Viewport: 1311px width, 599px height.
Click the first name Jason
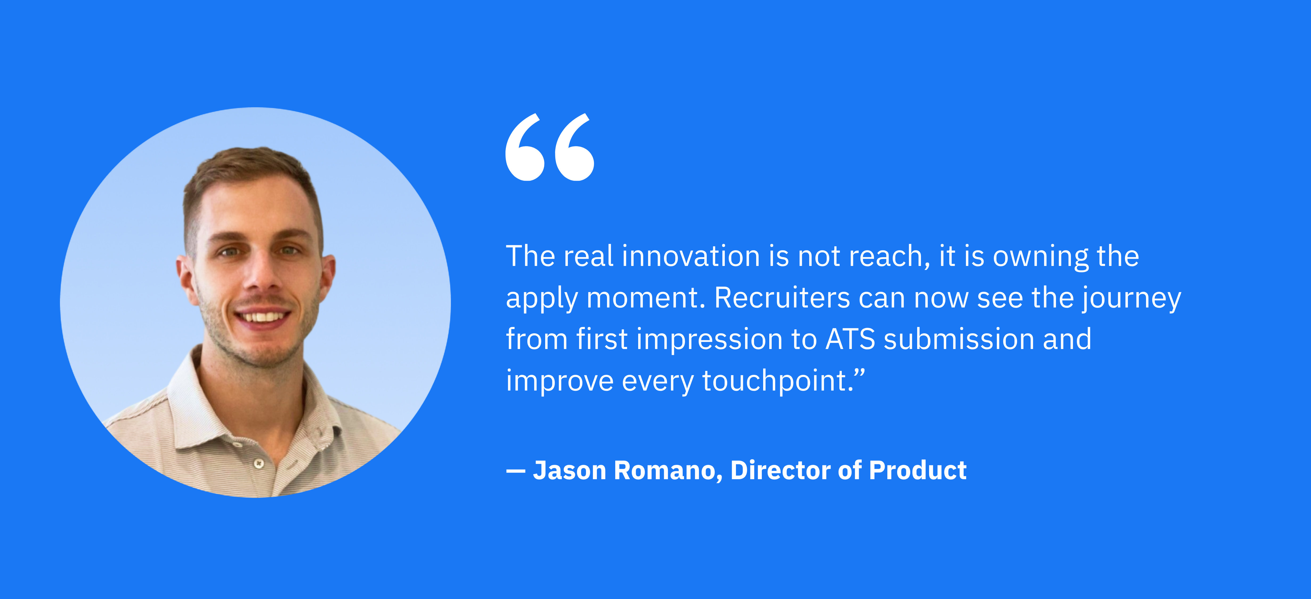tap(569, 470)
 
